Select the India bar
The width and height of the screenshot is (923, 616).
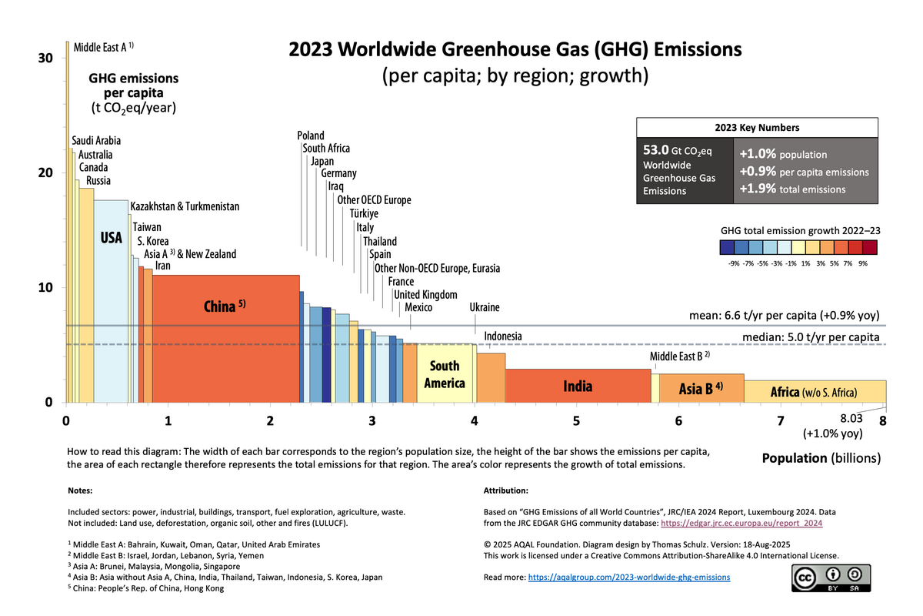pos(577,386)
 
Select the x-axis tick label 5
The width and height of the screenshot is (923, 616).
pos(576,421)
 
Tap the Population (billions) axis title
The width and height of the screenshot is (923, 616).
pos(821,458)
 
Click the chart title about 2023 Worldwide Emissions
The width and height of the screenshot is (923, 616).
pos(515,50)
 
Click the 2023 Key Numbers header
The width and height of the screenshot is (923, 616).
pos(757,128)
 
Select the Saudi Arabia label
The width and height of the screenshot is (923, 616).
pos(96,141)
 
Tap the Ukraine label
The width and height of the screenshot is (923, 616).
pos(485,307)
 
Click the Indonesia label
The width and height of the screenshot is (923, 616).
pos(503,336)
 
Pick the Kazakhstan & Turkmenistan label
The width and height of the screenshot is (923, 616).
pos(185,206)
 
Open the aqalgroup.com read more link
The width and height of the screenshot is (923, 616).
pos(629,577)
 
